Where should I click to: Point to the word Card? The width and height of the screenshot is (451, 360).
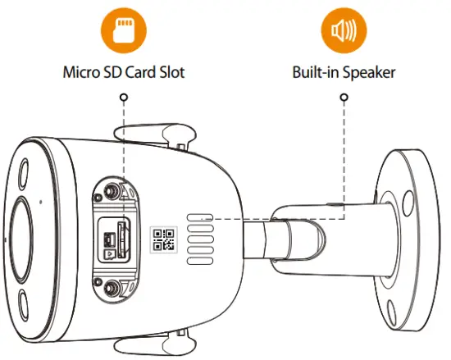[x=139, y=72]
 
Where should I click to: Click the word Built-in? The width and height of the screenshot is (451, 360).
[x=316, y=72]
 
